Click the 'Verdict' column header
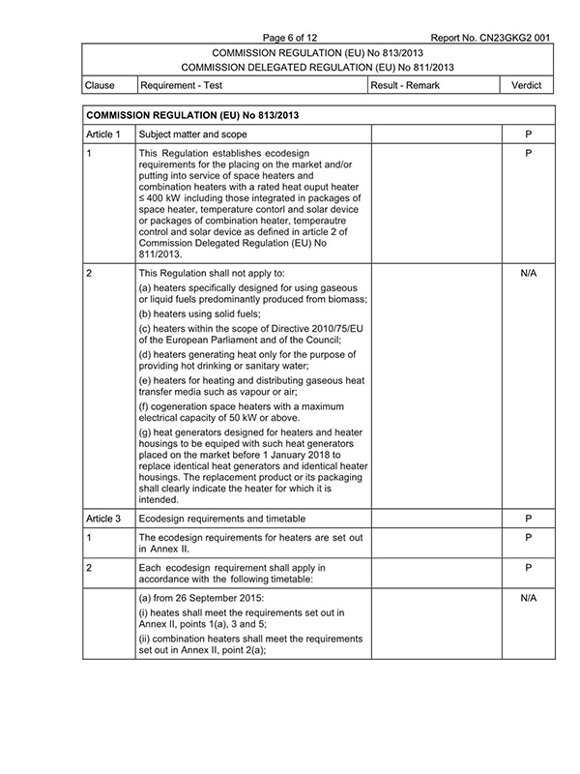click(528, 86)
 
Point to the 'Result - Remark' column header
click(406, 86)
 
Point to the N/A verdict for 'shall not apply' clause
click(528, 274)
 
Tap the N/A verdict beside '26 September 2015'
click(528, 599)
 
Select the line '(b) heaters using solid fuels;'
click(199, 314)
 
